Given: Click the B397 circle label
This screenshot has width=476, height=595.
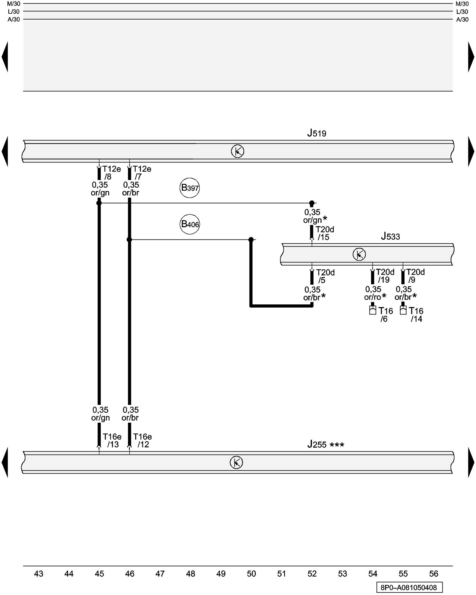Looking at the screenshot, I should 190,188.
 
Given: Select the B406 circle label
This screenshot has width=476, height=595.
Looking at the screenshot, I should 190,224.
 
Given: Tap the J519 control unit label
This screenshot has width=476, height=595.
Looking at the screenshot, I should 317,133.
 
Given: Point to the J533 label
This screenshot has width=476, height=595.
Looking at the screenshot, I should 390,237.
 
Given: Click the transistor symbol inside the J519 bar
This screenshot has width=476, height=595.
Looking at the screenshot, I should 237,151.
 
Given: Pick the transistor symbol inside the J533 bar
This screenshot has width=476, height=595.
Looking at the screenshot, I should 359,254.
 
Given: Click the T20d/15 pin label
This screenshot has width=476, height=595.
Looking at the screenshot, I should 325,233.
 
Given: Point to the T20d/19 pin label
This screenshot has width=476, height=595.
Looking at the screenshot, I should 385,276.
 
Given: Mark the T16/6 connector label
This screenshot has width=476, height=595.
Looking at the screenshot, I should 385,315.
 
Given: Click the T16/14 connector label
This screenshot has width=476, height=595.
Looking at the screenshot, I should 416,315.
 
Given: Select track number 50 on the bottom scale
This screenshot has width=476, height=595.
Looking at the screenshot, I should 251,574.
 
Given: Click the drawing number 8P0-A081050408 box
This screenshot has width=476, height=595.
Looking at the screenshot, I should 409,588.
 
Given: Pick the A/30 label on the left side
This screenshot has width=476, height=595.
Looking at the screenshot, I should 14,20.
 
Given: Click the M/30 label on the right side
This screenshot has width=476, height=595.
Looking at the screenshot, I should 462,4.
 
